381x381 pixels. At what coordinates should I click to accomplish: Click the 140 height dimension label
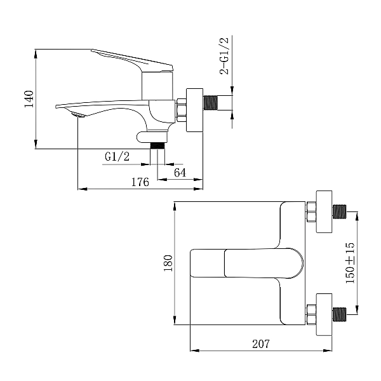(29, 99)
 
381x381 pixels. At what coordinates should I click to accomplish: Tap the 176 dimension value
(140, 182)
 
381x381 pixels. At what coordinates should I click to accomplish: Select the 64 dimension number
(180, 172)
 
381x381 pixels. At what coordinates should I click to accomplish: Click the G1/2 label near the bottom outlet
(117, 156)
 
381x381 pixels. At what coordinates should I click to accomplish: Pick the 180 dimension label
(168, 263)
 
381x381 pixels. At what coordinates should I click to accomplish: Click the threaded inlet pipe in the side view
(218, 102)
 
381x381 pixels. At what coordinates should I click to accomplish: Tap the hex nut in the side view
(181, 108)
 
